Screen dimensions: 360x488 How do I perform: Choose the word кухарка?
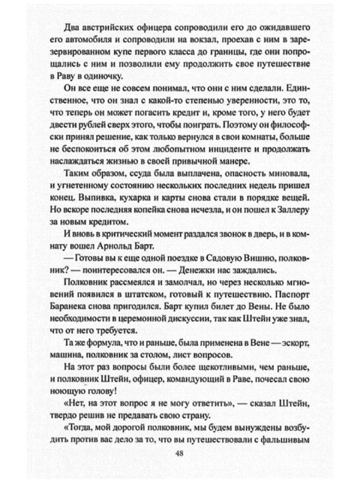pos(136,202)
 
